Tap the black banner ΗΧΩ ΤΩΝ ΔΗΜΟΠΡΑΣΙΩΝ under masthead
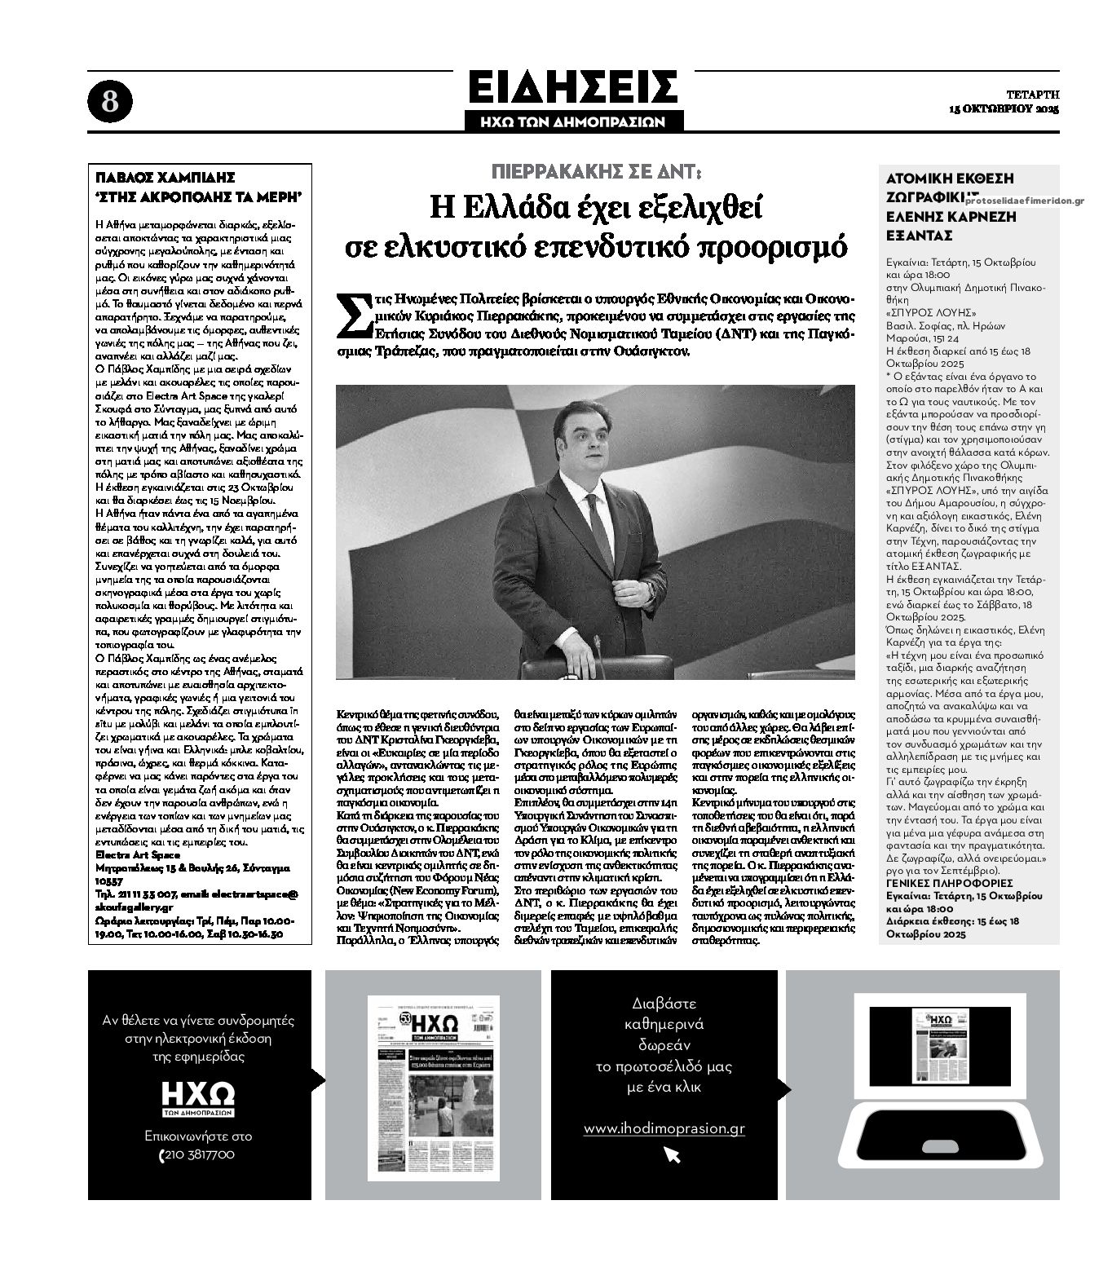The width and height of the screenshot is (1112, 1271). coord(574,121)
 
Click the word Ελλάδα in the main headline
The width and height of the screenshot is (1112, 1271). coord(505,209)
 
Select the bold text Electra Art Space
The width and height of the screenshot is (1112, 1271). coord(135,855)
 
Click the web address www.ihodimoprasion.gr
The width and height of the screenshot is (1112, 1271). coord(664,1128)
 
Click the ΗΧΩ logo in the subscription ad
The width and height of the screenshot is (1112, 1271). coord(197,1094)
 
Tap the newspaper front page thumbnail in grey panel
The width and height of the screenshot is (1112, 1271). coord(433,1087)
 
